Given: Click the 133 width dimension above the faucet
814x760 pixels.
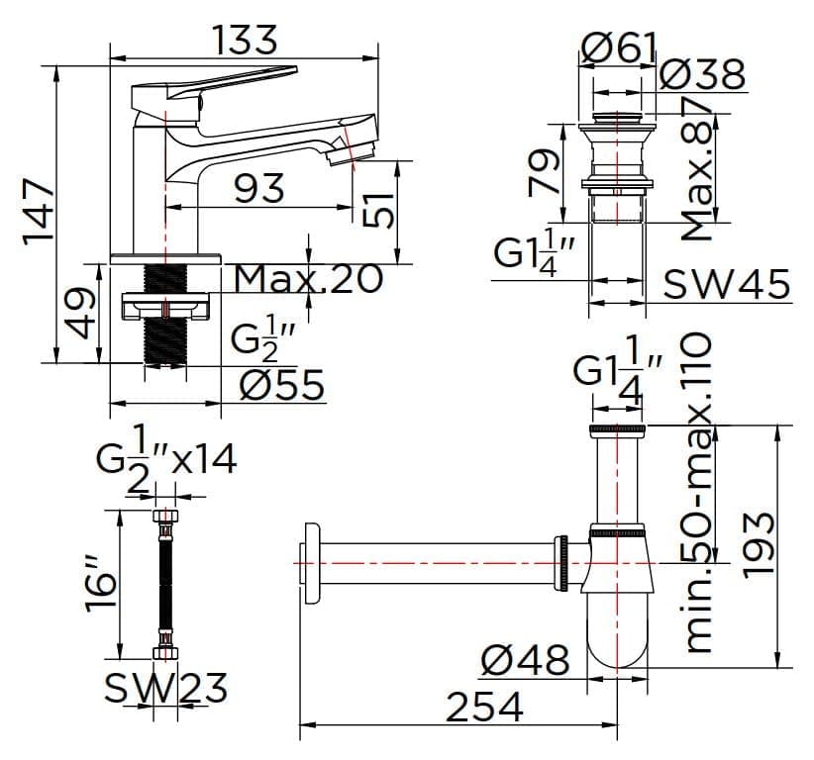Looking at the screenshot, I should (245, 41).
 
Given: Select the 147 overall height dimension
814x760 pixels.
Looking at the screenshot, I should (39, 211).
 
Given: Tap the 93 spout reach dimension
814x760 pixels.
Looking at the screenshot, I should (258, 188).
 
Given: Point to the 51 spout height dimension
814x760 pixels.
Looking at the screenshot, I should (379, 210).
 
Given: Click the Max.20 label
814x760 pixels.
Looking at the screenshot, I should (308, 279).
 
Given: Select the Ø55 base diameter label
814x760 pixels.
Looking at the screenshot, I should (281, 385).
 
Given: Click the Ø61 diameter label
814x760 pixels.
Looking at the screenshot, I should (619, 46).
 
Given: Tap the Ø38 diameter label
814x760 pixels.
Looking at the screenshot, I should (701, 75).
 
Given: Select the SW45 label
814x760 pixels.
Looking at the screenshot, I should (727, 285).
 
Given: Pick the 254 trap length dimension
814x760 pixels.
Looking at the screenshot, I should (484, 707).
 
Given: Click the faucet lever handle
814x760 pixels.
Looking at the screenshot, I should (218, 82).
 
